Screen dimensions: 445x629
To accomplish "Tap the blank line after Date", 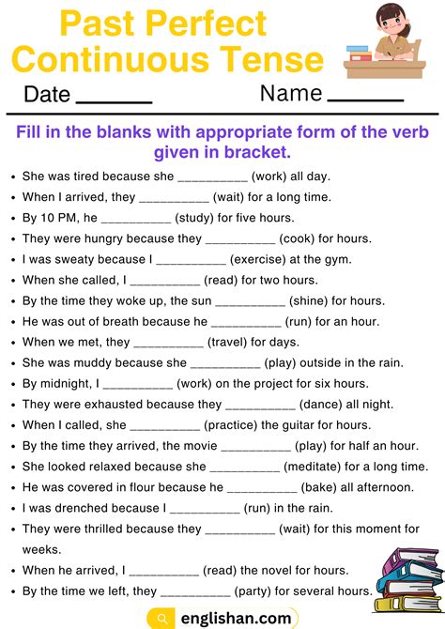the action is click(113, 100).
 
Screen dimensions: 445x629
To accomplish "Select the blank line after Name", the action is click(365, 100).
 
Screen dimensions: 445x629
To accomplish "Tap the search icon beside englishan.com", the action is click(163, 619).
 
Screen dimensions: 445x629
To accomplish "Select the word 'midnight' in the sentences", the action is click(66, 384).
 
